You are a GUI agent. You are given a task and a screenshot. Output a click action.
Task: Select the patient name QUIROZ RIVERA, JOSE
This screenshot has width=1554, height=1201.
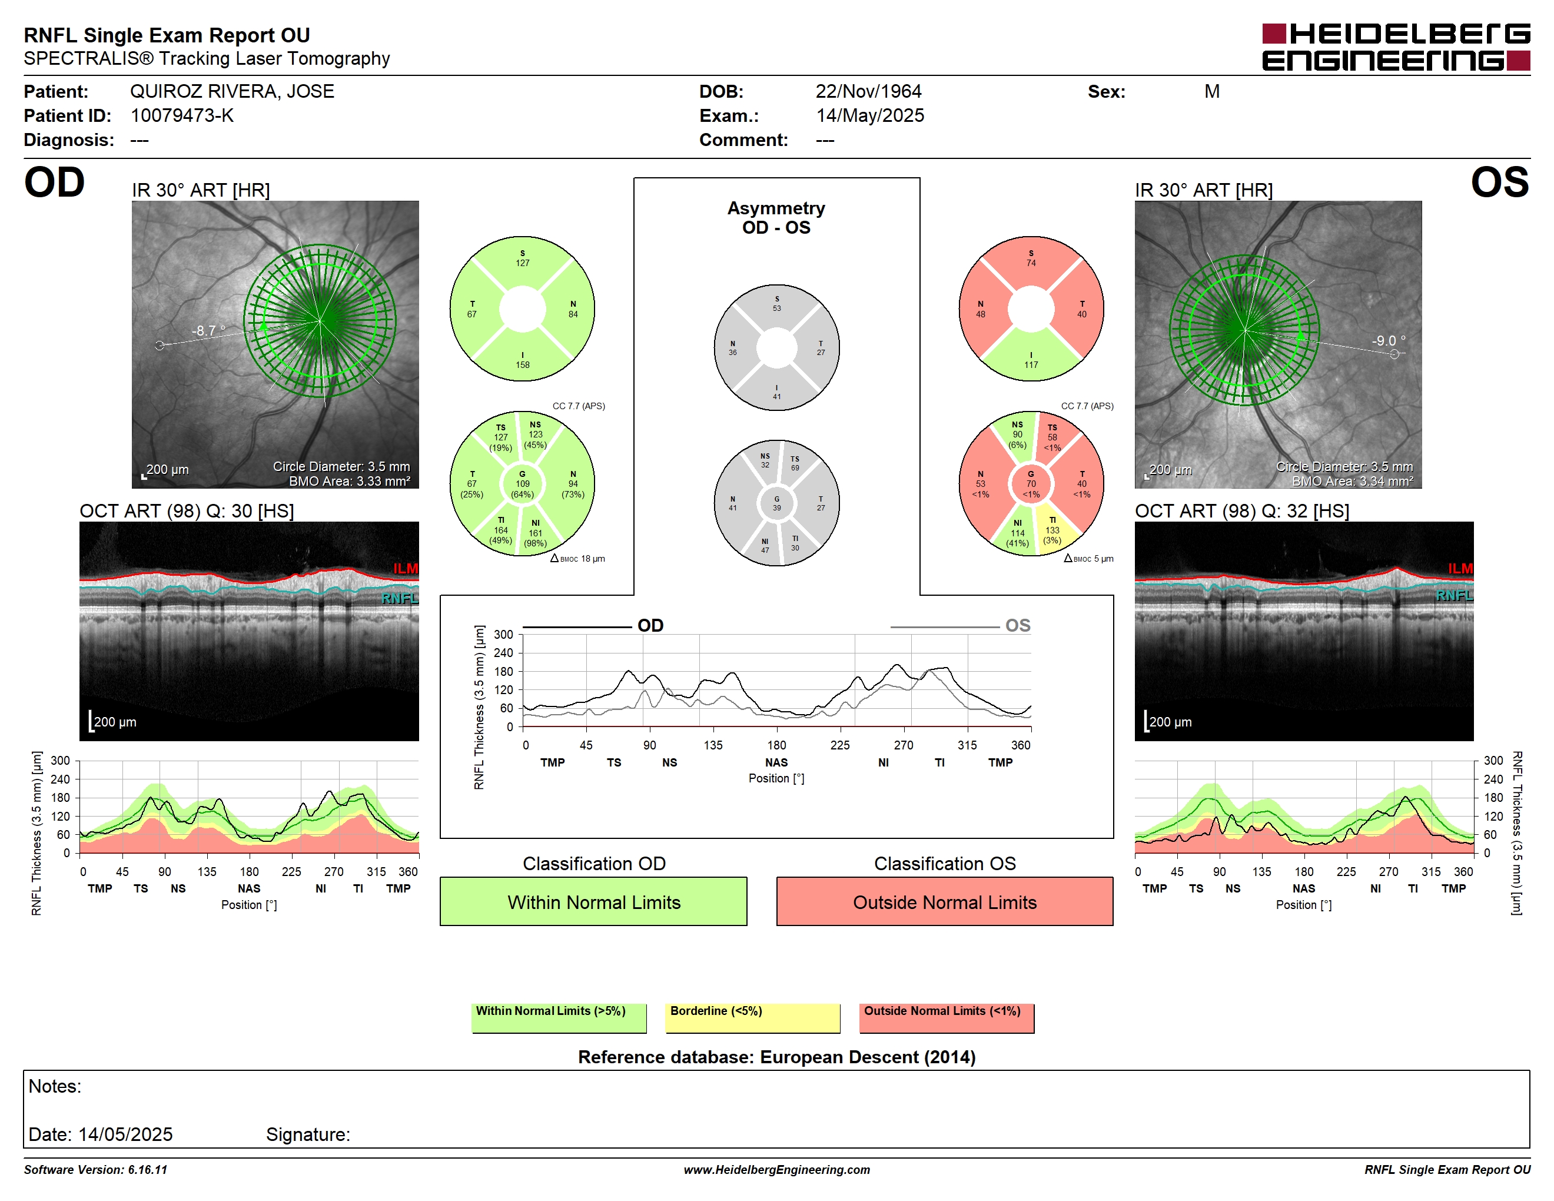pyautogui.click(x=232, y=92)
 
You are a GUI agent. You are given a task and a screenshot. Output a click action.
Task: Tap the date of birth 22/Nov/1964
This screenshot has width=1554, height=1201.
pyautogui.click(x=868, y=92)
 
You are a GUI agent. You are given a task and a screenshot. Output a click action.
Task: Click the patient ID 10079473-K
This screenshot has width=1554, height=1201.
pyautogui.click(x=182, y=116)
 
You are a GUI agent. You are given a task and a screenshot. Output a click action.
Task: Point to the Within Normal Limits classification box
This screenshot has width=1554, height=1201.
pyautogui.click(x=593, y=901)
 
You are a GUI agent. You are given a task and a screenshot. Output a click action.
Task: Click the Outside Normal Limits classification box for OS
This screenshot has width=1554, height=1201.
pyautogui.click(x=944, y=901)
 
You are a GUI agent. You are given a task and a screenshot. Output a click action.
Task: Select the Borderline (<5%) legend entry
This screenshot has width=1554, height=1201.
pyautogui.click(x=752, y=1017)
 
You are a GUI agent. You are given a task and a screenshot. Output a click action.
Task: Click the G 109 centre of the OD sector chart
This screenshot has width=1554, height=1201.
pyautogui.click(x=522, y=484)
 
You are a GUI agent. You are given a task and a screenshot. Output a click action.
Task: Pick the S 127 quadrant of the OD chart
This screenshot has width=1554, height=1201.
pyautogui.click(x=522, y=259)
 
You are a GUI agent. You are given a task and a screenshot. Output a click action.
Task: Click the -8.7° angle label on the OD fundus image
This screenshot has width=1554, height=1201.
pyautogui.click(x=208, y=331)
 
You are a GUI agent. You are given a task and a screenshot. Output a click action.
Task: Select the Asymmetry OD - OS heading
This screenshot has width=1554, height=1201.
pyautogui.click(x=776, y=218)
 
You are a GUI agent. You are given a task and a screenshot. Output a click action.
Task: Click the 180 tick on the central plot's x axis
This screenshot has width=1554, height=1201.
pyautogui.click(x=776, y=745)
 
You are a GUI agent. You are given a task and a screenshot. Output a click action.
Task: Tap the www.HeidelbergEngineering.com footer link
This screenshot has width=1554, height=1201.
pyautogui.click(x=777, y=1170)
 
